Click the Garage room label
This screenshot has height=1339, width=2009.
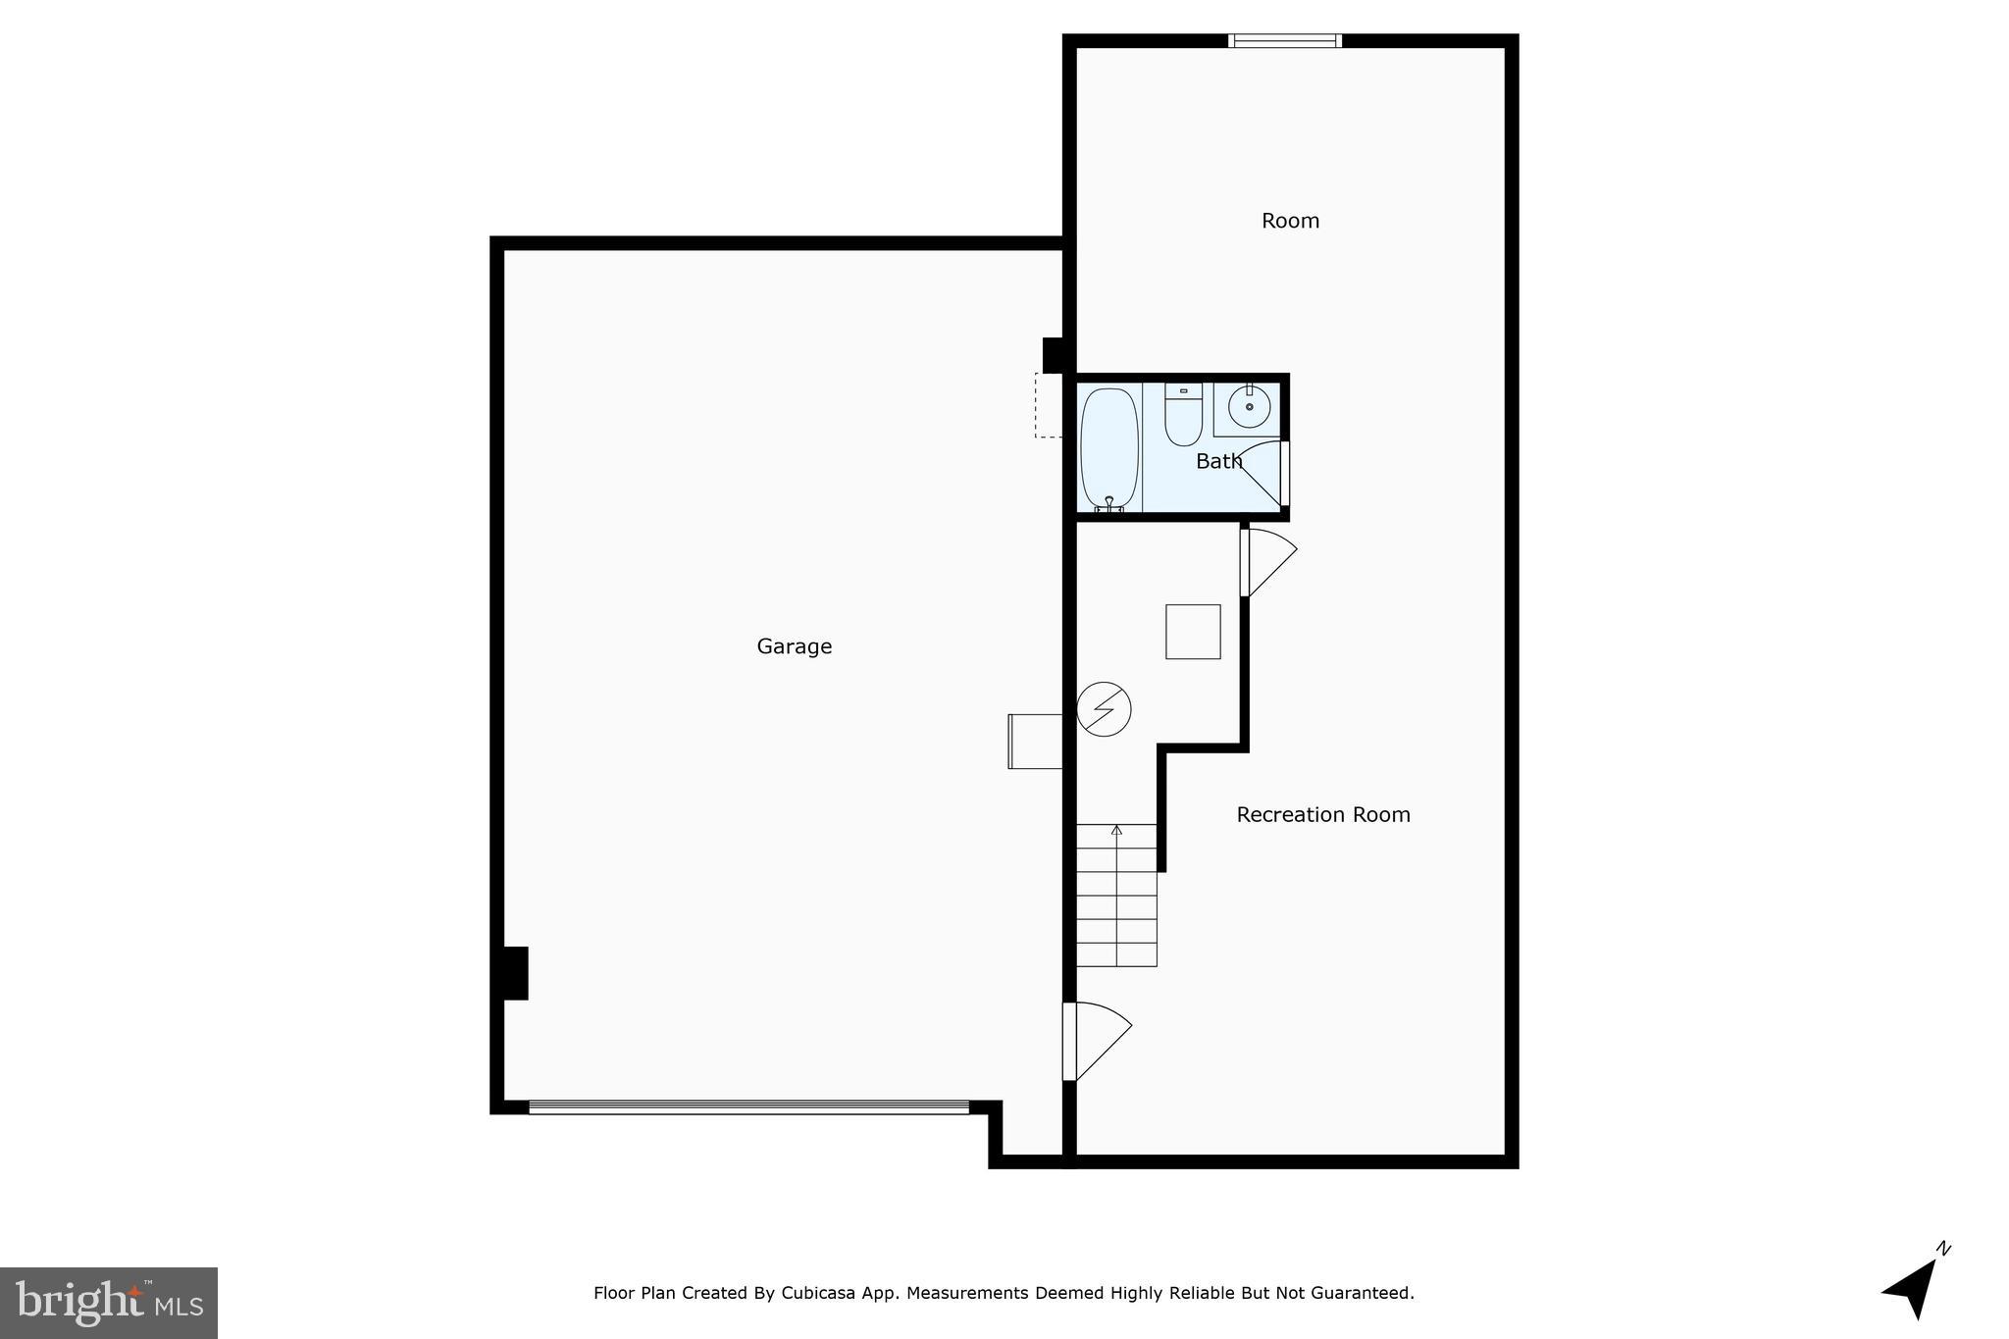(x=794, y=646)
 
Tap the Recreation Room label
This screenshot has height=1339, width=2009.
(x=1322, y=814)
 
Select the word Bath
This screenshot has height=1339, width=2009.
(x=1218, y=461)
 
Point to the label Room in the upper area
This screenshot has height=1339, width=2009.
(x=1290, y=221)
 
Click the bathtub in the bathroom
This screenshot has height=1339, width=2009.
(x=1109, y=449)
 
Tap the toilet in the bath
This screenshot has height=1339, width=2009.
(x=1183, y=416)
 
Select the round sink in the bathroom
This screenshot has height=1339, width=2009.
(x=1249, y=406)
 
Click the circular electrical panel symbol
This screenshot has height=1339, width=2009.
(x=1104, y=708)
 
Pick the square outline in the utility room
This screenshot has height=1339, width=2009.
(x=1193, y=632)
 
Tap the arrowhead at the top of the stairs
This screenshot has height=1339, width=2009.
(x=1116, y=830)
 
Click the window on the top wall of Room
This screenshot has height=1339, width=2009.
(x=1284, y=41)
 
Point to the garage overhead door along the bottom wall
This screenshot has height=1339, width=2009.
(x=748, y=1107)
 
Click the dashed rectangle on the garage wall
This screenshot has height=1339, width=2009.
(x=1049, y=405)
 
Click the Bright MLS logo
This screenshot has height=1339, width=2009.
(x=109, y=1303)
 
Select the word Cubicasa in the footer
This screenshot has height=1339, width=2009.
(x=814, y=1293)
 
